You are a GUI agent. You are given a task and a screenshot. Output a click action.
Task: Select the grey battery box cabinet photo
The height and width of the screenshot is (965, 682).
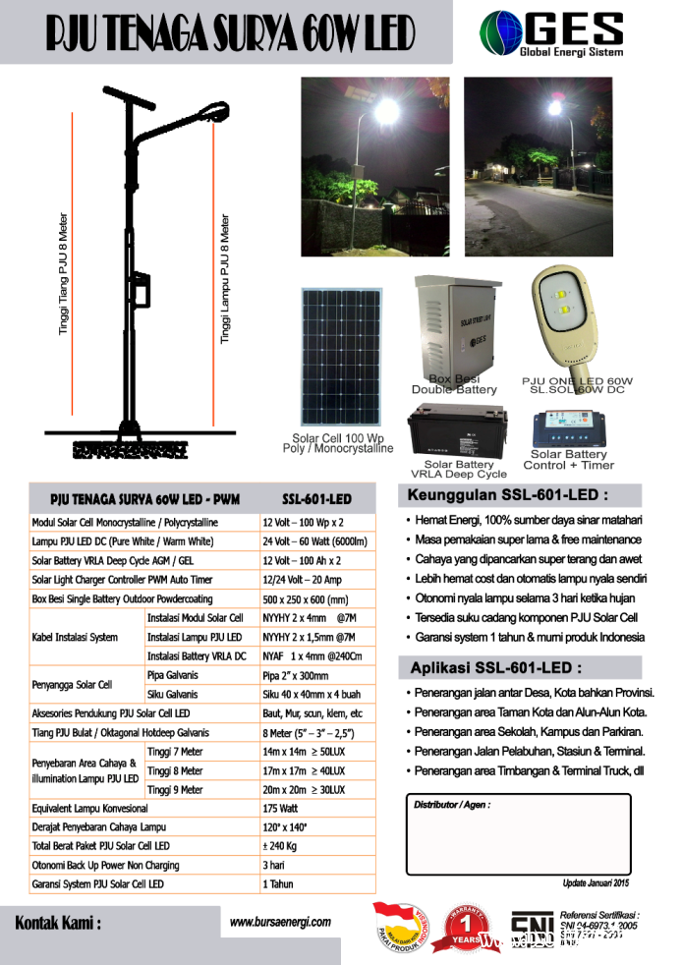(x=454, y=325)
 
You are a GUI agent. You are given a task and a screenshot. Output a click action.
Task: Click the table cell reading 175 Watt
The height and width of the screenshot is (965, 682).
(x=278, y=809)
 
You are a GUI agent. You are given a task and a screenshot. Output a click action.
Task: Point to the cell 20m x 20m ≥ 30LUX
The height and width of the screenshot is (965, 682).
(x=304, y=789)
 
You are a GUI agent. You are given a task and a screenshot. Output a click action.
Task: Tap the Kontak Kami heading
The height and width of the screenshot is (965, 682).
(x=58, y=924)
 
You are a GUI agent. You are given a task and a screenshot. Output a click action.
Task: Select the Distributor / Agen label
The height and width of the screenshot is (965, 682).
(x=451, y=805)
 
